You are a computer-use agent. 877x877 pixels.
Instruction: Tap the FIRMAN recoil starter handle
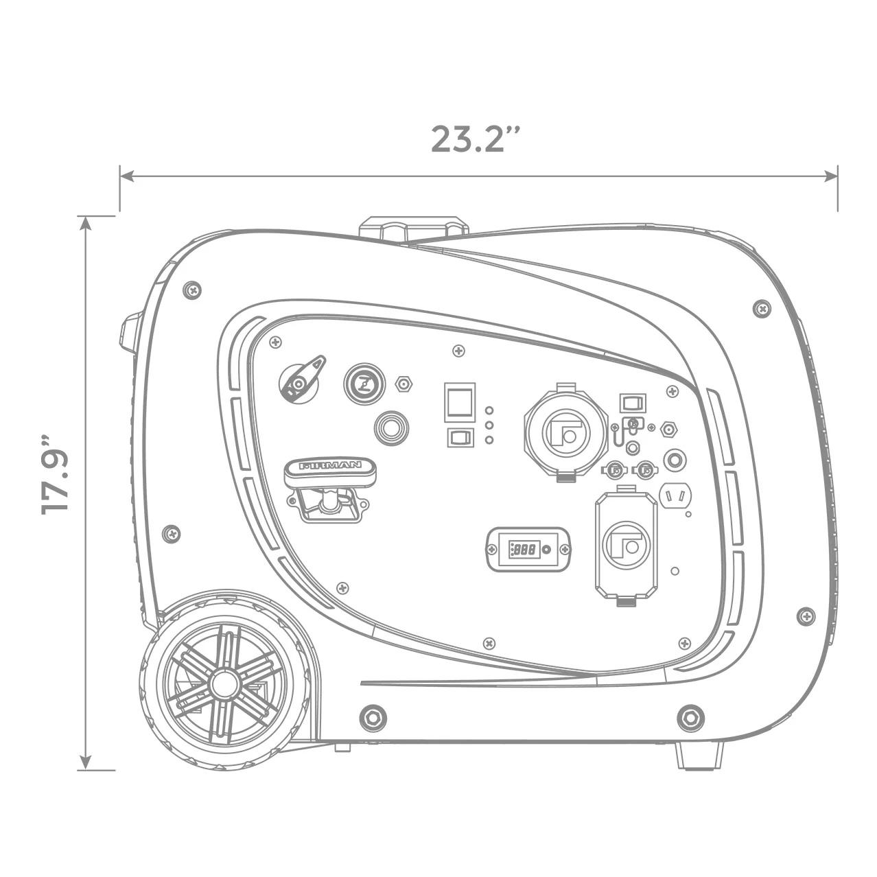(329, 471)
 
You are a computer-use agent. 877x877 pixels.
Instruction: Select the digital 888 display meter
(528, 549)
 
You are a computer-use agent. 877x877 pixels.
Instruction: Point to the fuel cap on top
(414, 228)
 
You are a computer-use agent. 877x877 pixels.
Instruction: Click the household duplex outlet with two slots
(675, 495)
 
